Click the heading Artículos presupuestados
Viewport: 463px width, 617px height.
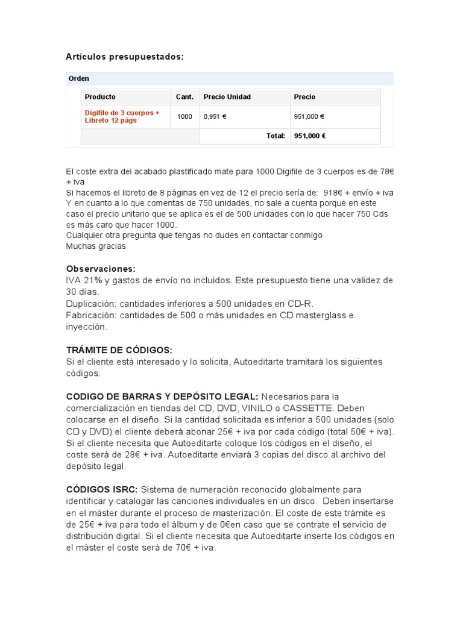(124, 57)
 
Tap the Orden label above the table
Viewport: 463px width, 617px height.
(79, 78)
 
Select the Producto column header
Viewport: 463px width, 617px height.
(100, 97)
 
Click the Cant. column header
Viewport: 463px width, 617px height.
(184, 97)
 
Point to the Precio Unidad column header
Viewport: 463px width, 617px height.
(227, 97)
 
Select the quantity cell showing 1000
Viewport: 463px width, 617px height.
(184, 117)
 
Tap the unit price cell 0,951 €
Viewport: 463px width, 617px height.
(215, 117)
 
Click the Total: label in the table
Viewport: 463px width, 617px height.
(276, 136)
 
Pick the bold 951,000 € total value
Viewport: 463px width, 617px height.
(310, 136)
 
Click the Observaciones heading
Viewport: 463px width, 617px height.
(101, 269)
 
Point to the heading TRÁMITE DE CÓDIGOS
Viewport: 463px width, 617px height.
(119, 350)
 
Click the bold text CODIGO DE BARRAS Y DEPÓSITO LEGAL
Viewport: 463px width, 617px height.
(162, 396)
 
